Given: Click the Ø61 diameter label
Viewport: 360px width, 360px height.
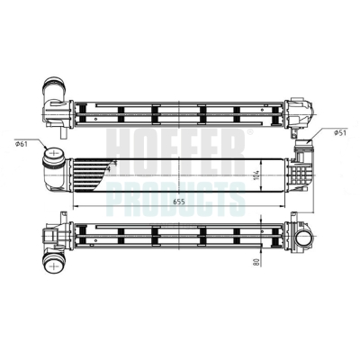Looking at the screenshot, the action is (x=21, y=144).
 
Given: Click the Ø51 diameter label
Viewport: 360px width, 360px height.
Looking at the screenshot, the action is (x=340, y=132).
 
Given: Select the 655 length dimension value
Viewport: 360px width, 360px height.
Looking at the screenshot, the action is (x=179, y=202).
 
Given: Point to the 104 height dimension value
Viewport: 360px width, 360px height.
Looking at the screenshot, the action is (x=256, y=175).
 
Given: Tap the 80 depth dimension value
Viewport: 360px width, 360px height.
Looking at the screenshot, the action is (x=256, y=261).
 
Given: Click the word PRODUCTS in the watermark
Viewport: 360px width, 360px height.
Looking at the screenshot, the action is (x=176, y=200).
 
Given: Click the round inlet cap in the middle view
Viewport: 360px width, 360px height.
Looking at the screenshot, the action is (x=54, y=153).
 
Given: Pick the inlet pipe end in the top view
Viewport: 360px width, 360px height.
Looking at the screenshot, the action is (x=54, y=85).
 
